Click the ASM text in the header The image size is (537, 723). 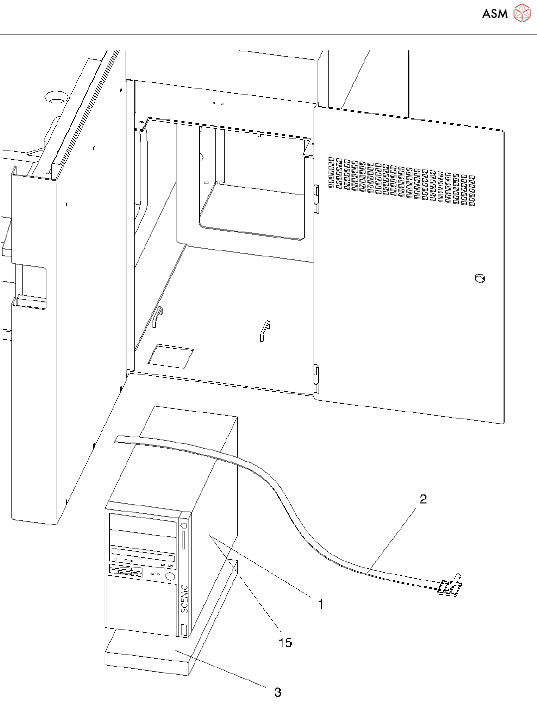pos(495,13)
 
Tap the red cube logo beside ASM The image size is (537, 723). pos(522,13)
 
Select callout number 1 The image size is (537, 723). pos(321,604)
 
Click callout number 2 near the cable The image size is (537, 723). pos(423,499)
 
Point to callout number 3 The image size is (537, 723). pos(278,692)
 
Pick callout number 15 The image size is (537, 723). pos(285,643)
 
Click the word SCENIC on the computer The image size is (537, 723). pos(184,599)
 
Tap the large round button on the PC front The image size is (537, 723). pos(170,576)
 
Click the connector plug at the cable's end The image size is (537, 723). pos(449,587)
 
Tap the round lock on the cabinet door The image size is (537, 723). pos(480,278)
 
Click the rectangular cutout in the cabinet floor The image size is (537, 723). pos(171,355)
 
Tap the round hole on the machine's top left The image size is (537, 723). pos(56,96)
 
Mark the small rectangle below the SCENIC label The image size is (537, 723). pos(183,629)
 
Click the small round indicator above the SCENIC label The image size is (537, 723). pos(184,525)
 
